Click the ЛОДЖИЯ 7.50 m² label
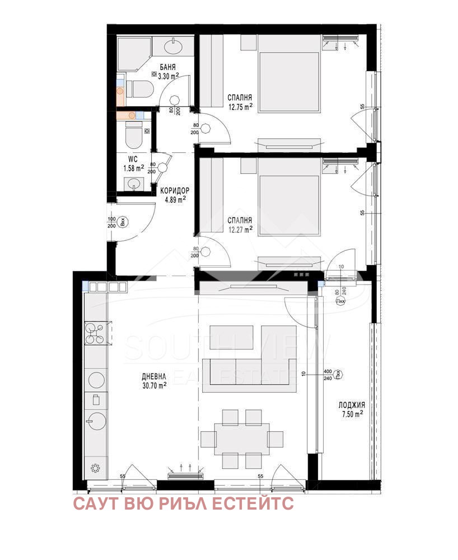click(352, 409)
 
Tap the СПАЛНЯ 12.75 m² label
click(240, 100)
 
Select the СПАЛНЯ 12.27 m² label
click(240, 224)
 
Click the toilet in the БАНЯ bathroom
click(137, 88)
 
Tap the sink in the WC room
click(133, 183)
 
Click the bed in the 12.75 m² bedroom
click(288, 81)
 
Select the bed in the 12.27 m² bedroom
click(288, 204)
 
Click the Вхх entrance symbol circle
click(124, 222)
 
